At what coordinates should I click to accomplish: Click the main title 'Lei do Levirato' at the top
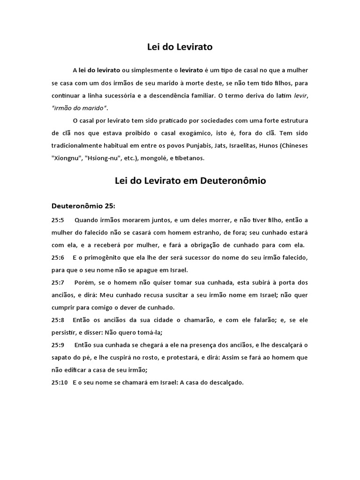(180, 47)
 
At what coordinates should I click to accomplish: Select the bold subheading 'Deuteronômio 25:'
(79, 206)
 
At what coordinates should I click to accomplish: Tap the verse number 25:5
(58, 220)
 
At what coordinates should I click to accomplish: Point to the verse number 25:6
(58, 258)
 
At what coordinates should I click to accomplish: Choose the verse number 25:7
(58, 283)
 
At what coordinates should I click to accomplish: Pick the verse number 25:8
(58, 320)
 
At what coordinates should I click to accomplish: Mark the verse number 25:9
(58, 345)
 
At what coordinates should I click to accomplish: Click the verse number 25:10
(60, 382)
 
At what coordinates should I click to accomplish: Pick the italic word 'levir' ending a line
(301, 95)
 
